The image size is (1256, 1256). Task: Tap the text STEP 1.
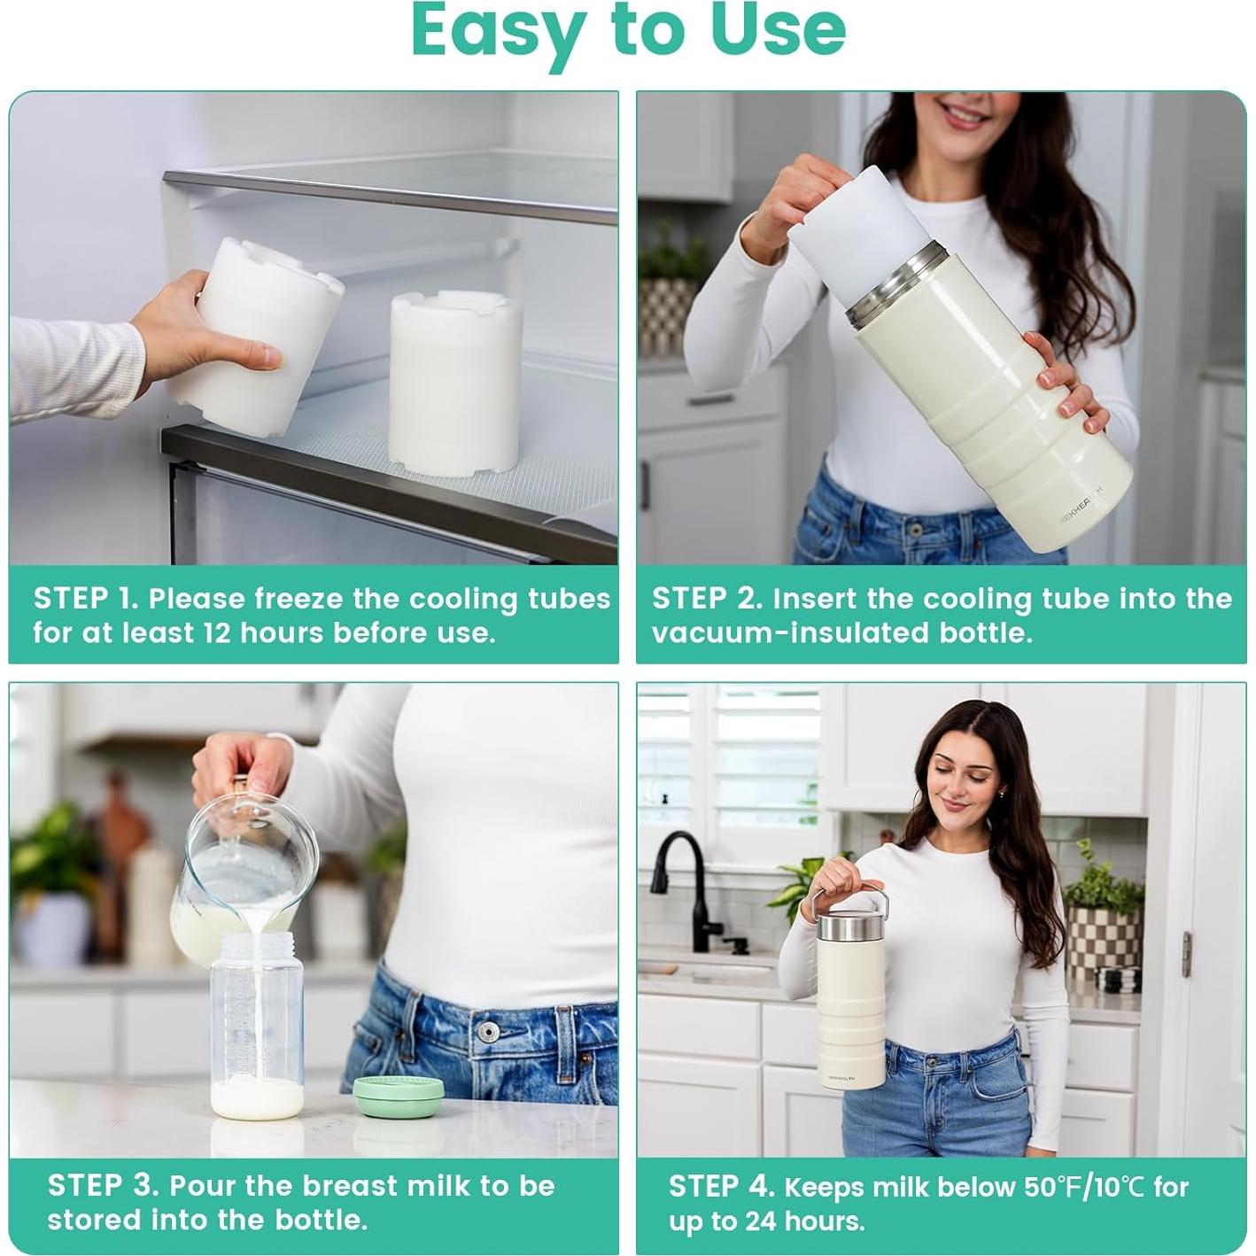tap(86, 599)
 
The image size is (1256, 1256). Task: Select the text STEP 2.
tap(706, 599)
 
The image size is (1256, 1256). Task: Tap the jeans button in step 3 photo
tap(487, 1033)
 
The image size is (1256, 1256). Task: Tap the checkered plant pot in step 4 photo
tap(1103, 939)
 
